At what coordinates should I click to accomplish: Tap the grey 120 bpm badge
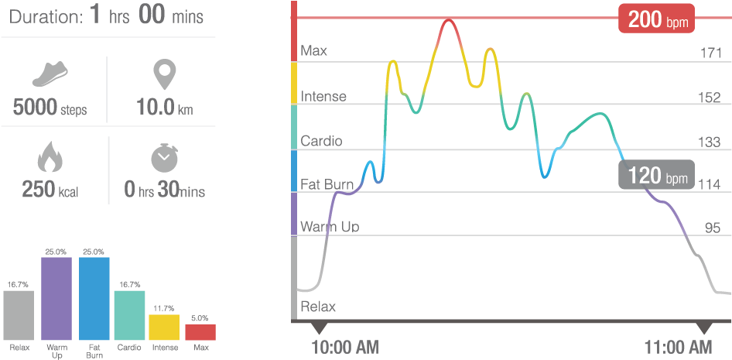point(656,176)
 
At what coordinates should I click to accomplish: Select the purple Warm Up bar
point(56,299)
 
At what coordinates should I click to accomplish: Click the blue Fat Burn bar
point(94,299)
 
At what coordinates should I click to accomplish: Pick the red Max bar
point(200,332)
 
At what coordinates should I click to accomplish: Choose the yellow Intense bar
point(164,327)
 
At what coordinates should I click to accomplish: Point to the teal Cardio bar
point(129,315)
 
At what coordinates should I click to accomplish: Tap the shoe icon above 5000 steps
point(50,76)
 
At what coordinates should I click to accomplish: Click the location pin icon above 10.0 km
point(163,76)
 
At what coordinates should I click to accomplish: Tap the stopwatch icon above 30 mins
point(163,159)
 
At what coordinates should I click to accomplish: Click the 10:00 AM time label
point(345,346)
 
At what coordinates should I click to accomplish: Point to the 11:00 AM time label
point(679,346)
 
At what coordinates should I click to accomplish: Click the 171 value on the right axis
point(710,53)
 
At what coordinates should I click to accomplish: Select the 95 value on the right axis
point(713,228)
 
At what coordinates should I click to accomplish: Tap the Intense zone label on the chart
point(323,97)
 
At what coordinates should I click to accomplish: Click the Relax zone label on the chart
point(318,306)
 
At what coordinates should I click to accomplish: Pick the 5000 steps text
point(50,108)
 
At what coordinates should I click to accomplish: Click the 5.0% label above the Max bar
point(200,318)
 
